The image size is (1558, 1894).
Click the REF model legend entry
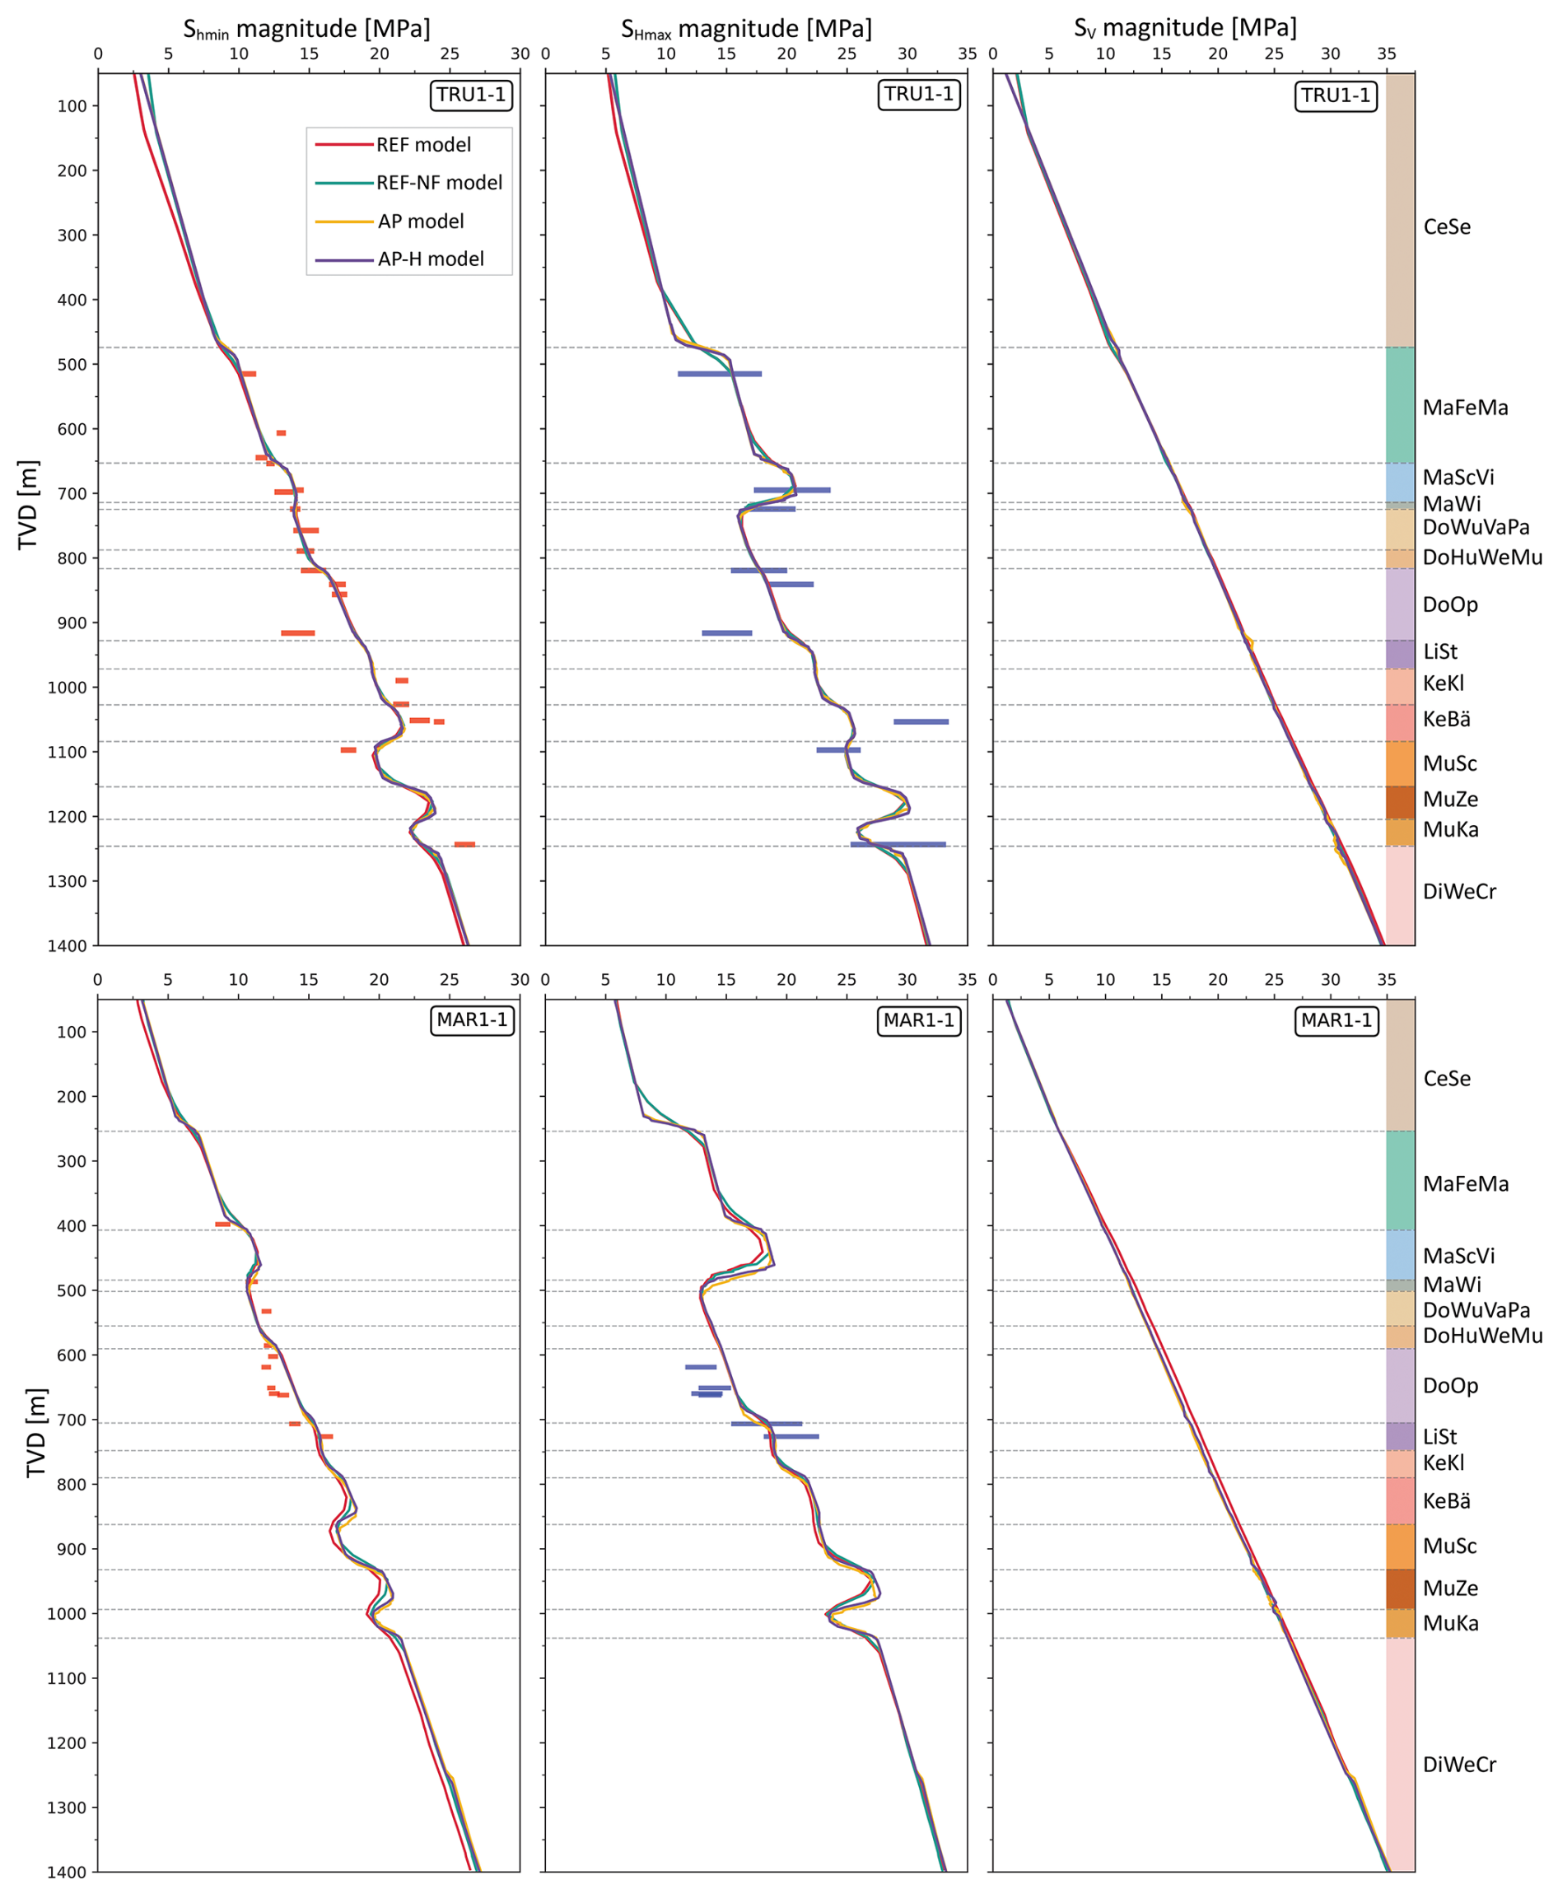point(422,144)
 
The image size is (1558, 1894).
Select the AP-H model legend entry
point(430,259)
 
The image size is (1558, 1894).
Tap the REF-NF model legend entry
point(439,183)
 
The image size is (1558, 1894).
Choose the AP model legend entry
point(420,222)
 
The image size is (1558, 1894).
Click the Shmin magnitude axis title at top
point(307,29)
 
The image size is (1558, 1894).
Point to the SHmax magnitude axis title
point(747,29)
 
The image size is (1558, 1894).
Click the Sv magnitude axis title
point(1185,28)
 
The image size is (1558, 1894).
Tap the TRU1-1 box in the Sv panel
point(1336,96)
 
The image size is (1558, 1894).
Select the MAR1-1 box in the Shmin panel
point(472,1020)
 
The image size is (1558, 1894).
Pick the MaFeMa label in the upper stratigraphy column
point(1466,408)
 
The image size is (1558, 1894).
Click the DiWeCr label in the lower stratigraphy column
point(1459,1765)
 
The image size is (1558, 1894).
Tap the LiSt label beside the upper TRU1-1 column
point(1439,651)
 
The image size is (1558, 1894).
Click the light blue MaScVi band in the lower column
point(1400,1255)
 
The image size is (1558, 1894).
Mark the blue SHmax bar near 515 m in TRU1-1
point(720,373)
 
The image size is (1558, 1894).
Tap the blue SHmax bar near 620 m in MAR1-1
point(701,1367)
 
